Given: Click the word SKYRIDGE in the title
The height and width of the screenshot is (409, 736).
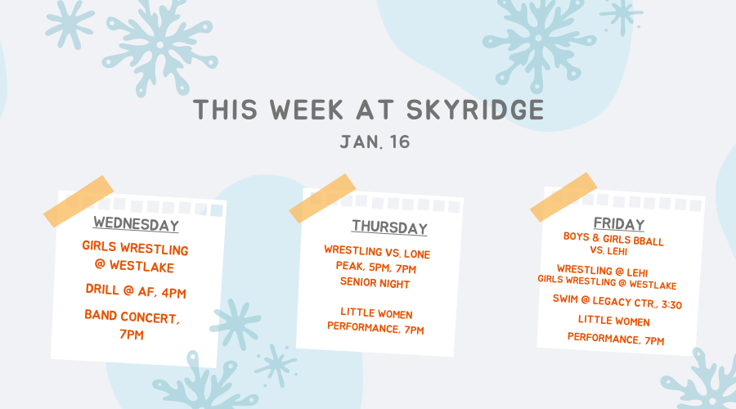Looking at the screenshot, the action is coord(475,110).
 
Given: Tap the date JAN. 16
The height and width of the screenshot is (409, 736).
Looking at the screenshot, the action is coord(375,142).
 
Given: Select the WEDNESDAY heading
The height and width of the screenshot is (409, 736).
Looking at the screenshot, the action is coord(136,224).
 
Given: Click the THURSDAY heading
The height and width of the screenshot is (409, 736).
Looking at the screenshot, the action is coord(389,227).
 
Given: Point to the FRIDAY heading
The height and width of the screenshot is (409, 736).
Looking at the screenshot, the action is coord(619,224).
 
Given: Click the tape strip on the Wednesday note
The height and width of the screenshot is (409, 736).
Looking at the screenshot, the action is coord(79,201).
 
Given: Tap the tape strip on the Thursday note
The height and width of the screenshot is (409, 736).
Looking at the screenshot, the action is coord(322,198).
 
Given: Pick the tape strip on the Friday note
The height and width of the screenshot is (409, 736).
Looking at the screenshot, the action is coord(563,197).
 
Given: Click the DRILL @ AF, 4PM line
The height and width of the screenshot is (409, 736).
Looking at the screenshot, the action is coord(136,291).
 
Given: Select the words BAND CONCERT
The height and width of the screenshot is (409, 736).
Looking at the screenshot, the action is coord(132,317).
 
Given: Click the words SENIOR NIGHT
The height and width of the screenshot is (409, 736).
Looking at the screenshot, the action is coord(375,283).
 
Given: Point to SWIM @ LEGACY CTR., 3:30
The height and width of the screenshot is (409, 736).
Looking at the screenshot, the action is coord(617,302).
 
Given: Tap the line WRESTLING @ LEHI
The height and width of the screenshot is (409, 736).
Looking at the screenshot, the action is coord(602,271).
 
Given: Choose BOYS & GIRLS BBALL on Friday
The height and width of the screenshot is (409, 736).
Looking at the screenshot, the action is coord(613,239).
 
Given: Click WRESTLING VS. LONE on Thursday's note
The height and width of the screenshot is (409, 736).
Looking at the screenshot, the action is coord(377,252).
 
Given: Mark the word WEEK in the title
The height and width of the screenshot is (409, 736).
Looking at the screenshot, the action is coord(307,110).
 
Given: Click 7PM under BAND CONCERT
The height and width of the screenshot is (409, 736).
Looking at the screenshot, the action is coord(132,335).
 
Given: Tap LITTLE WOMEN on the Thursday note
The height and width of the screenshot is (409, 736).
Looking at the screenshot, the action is coord(376,313).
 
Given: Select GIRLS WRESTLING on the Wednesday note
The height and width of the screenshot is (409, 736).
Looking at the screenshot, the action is coord(135,248).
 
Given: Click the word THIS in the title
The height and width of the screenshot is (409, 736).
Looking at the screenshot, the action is coord(226,110).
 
